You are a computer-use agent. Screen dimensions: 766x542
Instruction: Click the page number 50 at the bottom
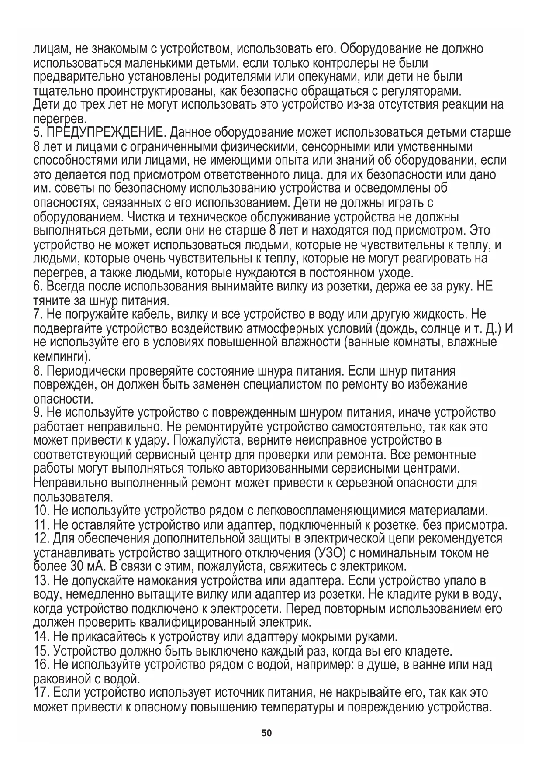266,733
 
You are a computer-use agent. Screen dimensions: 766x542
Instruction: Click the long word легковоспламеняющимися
331,511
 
